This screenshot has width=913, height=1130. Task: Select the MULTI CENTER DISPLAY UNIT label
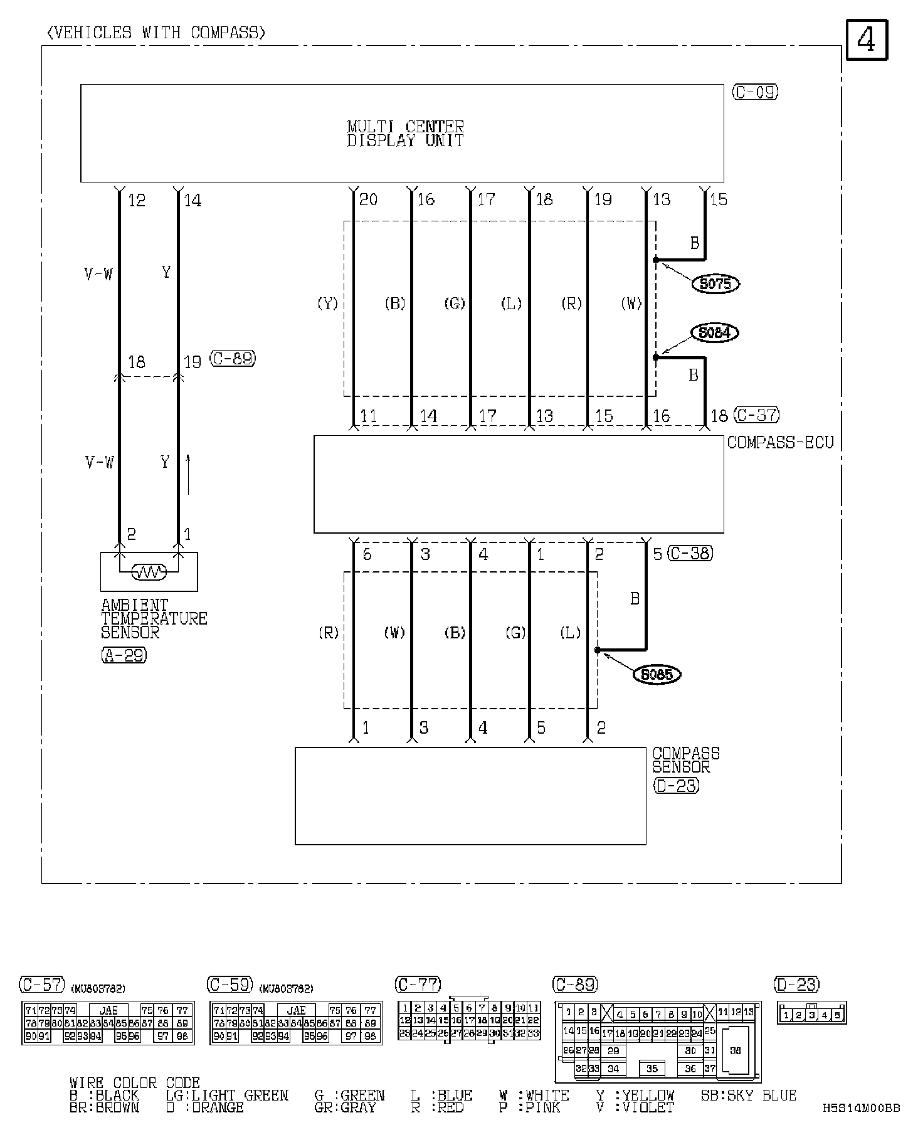point(406,134)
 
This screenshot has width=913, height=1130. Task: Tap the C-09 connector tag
point(755,92)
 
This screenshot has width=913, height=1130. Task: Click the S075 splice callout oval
point(715,284)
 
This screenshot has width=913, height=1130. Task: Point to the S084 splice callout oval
point(714,332)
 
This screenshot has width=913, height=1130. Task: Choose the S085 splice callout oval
point(657,675)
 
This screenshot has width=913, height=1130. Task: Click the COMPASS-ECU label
point(781,443)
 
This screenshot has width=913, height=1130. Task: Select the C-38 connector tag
point(690,553)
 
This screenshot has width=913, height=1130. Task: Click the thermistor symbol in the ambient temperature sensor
point(149,572)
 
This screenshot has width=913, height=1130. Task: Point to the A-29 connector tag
point(124,655)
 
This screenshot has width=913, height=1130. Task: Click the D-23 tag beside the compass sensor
point(677,785)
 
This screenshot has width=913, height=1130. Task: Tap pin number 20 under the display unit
point(368,199)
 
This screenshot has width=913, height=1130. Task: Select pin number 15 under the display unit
point(718,199)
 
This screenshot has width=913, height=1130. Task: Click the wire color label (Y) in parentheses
point(327,304)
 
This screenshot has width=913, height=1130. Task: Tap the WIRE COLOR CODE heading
point(135,1083)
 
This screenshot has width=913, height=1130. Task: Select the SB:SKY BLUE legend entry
point(748,1095)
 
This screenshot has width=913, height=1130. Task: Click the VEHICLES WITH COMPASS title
point(156,33)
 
